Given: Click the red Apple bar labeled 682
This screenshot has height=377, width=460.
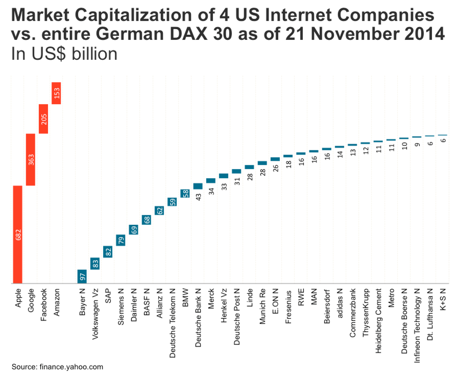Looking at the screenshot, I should [18, 234].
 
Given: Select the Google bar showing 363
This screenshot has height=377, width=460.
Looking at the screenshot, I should [31, 159].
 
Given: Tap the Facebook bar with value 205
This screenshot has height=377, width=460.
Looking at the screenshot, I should [43, 119].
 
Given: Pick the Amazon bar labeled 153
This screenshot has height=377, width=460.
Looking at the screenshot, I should [56, 93].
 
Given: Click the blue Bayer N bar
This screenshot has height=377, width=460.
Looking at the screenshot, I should [82, 276].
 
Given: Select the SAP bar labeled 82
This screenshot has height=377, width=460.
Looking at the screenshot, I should [108, 252].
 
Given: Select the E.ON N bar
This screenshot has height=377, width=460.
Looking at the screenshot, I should [275, 159].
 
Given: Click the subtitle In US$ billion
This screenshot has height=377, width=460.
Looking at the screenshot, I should [64, 54].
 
